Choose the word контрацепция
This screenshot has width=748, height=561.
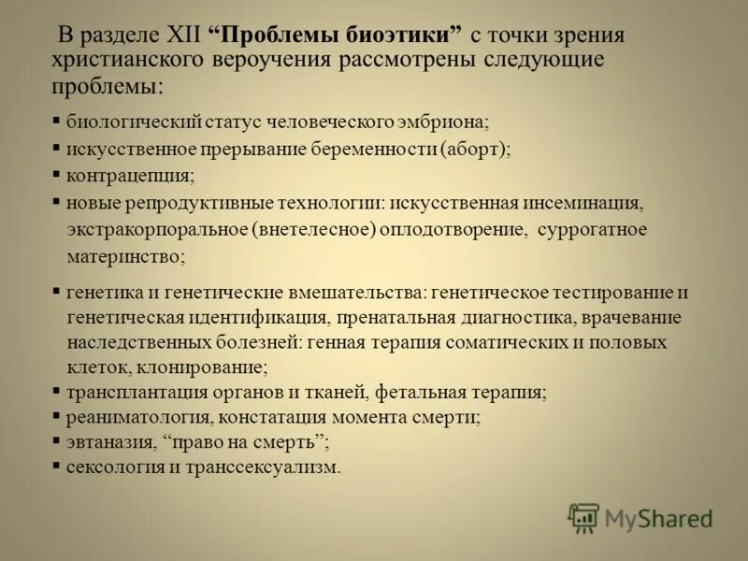tap(130, 176)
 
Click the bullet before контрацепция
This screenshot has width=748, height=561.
tap(57, 175)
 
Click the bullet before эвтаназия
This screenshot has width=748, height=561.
tap(57, 440)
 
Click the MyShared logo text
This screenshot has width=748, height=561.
tap(659, 518)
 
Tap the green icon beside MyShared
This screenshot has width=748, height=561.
tap(583, 517)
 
